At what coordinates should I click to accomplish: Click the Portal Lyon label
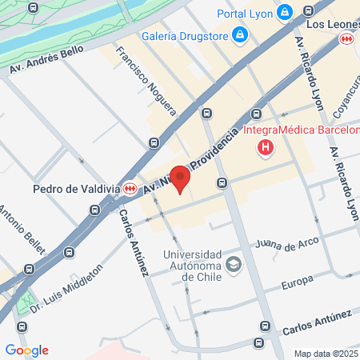pos(245,13)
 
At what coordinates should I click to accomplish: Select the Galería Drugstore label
pos(182,35)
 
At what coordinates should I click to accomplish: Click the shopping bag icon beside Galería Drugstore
pos(238,35)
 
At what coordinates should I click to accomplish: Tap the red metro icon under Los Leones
pos(346,38)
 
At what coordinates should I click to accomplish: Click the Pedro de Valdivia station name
pos(76,190)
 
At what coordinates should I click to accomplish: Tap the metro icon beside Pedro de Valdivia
pos(130,188)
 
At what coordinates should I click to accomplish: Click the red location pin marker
pos(181,179)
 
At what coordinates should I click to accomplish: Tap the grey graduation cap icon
pos(234,266)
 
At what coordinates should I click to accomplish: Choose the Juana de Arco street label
pos(286,242)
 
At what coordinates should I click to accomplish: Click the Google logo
pos(26,350)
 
